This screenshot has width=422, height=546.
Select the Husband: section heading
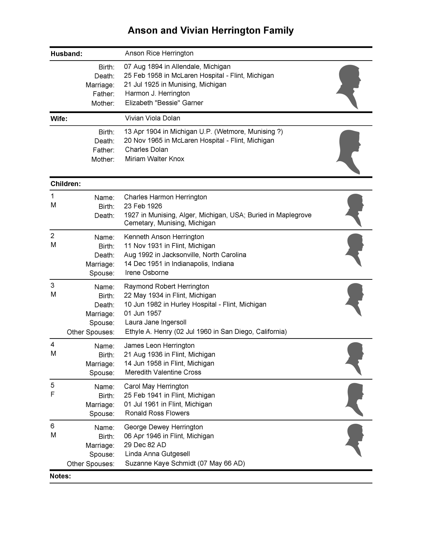click(x=66, y=54)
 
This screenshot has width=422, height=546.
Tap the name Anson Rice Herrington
click(x=159, y=53)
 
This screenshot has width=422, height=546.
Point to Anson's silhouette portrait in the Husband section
click(x=349, y=86)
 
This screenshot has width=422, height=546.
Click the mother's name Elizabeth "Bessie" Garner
click(x=164, y=103)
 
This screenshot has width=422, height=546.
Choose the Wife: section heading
click(x=59, y=119)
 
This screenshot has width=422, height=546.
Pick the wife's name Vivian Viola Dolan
click(x=153, y=118)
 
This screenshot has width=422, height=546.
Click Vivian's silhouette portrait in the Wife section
click(x=349, y=151)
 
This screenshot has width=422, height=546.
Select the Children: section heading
click(x=66, y=184)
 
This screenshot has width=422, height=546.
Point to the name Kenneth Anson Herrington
click(x=164, y=237)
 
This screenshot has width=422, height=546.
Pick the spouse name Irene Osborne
click(x=147, y=273)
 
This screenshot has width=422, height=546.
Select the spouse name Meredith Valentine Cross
click(x=163, y=372)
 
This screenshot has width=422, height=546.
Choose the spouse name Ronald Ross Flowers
click(x=157, y=413)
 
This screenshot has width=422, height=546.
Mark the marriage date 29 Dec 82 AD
click(x=145, y=445)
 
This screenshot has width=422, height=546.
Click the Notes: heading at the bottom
click(x=60, y=476)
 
